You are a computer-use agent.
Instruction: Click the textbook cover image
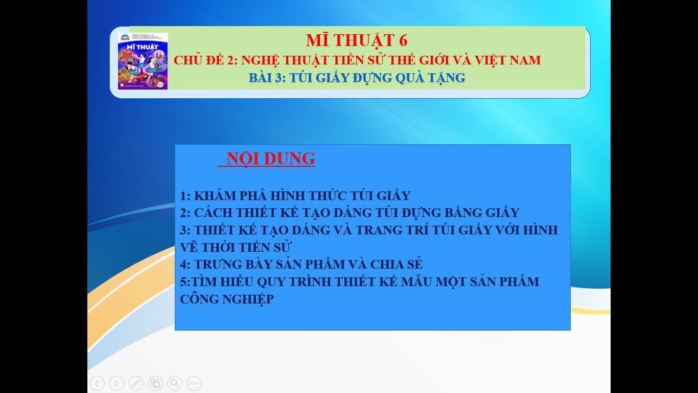pos(143,61)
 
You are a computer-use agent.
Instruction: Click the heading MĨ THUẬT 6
pos(357,40)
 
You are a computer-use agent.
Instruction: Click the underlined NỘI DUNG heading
pos(270,159)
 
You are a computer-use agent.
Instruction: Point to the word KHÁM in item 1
pos(215,196)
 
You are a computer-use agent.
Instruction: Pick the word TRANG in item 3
pos(377,230)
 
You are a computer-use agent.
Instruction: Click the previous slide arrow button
pos(97,383)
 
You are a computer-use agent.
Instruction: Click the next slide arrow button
pos(117,383)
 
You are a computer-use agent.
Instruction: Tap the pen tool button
pos(136,383)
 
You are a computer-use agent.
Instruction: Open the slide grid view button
pos(155,383)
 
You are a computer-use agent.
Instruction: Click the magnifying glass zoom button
pos(175,383)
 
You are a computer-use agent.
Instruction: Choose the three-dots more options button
pos(194,383)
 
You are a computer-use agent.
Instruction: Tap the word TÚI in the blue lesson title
pos(300,78)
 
